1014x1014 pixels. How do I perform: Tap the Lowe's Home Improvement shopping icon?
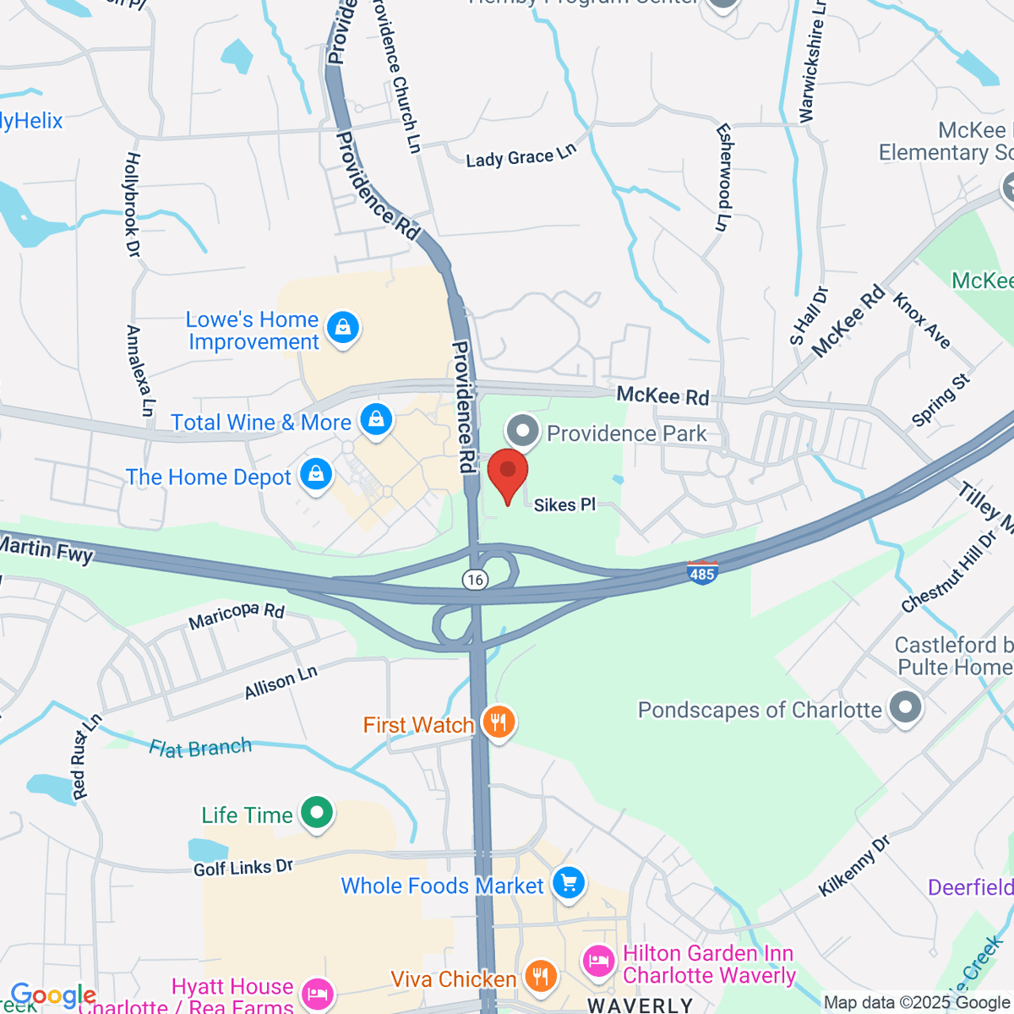coord(342,327)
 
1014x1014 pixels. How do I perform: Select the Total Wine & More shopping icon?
coord(375,418)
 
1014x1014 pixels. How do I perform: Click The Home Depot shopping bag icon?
coord(316,474)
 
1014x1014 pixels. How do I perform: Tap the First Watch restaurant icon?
coord(499,722)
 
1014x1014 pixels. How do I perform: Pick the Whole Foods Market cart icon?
coord(568,883)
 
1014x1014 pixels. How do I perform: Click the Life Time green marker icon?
coord(317,813)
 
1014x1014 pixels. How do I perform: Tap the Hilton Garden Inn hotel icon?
coord(598,962)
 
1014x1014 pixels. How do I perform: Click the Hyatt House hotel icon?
coord(317,993)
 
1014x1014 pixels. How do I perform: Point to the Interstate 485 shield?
coord(702,572)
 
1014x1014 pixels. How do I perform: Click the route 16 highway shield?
coord(476,579)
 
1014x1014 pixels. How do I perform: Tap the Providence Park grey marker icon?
coord(523,431)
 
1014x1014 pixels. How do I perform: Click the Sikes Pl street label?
coord(564,505)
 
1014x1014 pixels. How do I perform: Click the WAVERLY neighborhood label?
coord(640,1005)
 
